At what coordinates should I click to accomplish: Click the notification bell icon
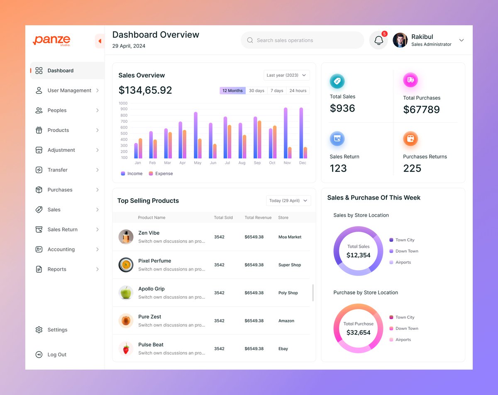coord(378,40)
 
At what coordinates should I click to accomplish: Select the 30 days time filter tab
coord(256,90)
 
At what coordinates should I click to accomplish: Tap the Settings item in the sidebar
coord(57,330)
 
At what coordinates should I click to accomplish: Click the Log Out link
coord(57,355)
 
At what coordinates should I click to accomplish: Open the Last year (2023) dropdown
coord(286,75)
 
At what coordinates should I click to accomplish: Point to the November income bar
coord(286,133)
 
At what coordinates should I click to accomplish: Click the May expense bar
coord(200,148)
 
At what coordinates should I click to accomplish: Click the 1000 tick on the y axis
coord(123,103)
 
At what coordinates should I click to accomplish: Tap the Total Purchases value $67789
coord(421,110)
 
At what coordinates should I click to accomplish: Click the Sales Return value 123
coord(338,168)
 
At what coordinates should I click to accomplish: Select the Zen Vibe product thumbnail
coord(126,237)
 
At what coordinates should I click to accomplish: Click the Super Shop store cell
coord(290,265)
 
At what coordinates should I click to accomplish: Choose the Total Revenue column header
coord(258,217)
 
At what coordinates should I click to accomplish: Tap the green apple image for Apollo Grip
coord(126,293)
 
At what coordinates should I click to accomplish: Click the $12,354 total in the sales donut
coord(359,255)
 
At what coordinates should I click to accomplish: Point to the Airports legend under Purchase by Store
coord(403,339)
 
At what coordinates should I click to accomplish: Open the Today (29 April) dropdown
coord(288,200)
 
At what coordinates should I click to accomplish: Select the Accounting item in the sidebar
coord(61,249)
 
